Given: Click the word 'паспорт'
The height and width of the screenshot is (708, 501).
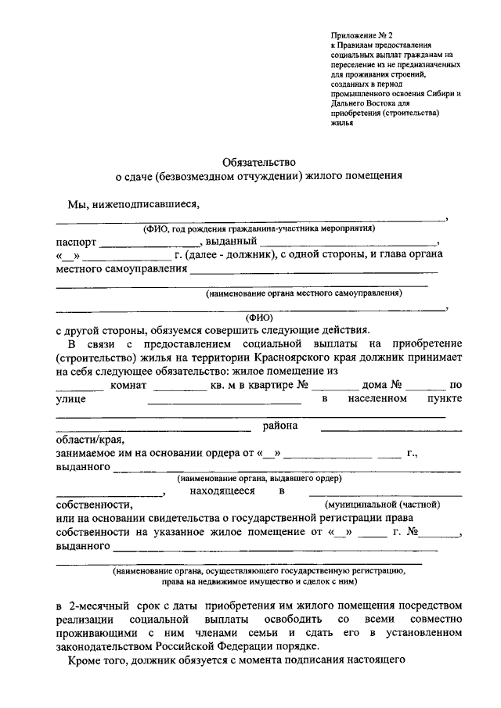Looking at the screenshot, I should pos(77,243).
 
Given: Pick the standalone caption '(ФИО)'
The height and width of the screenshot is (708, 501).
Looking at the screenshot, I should pos(259,318).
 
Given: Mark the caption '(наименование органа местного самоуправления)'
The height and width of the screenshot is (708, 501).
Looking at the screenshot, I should pos(305,293).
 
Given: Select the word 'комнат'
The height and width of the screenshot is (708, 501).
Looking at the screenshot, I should pos(130,386).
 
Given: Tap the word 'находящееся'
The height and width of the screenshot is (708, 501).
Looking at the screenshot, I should pos(222,491).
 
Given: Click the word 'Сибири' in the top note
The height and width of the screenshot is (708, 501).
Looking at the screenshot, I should pos(438,94).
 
